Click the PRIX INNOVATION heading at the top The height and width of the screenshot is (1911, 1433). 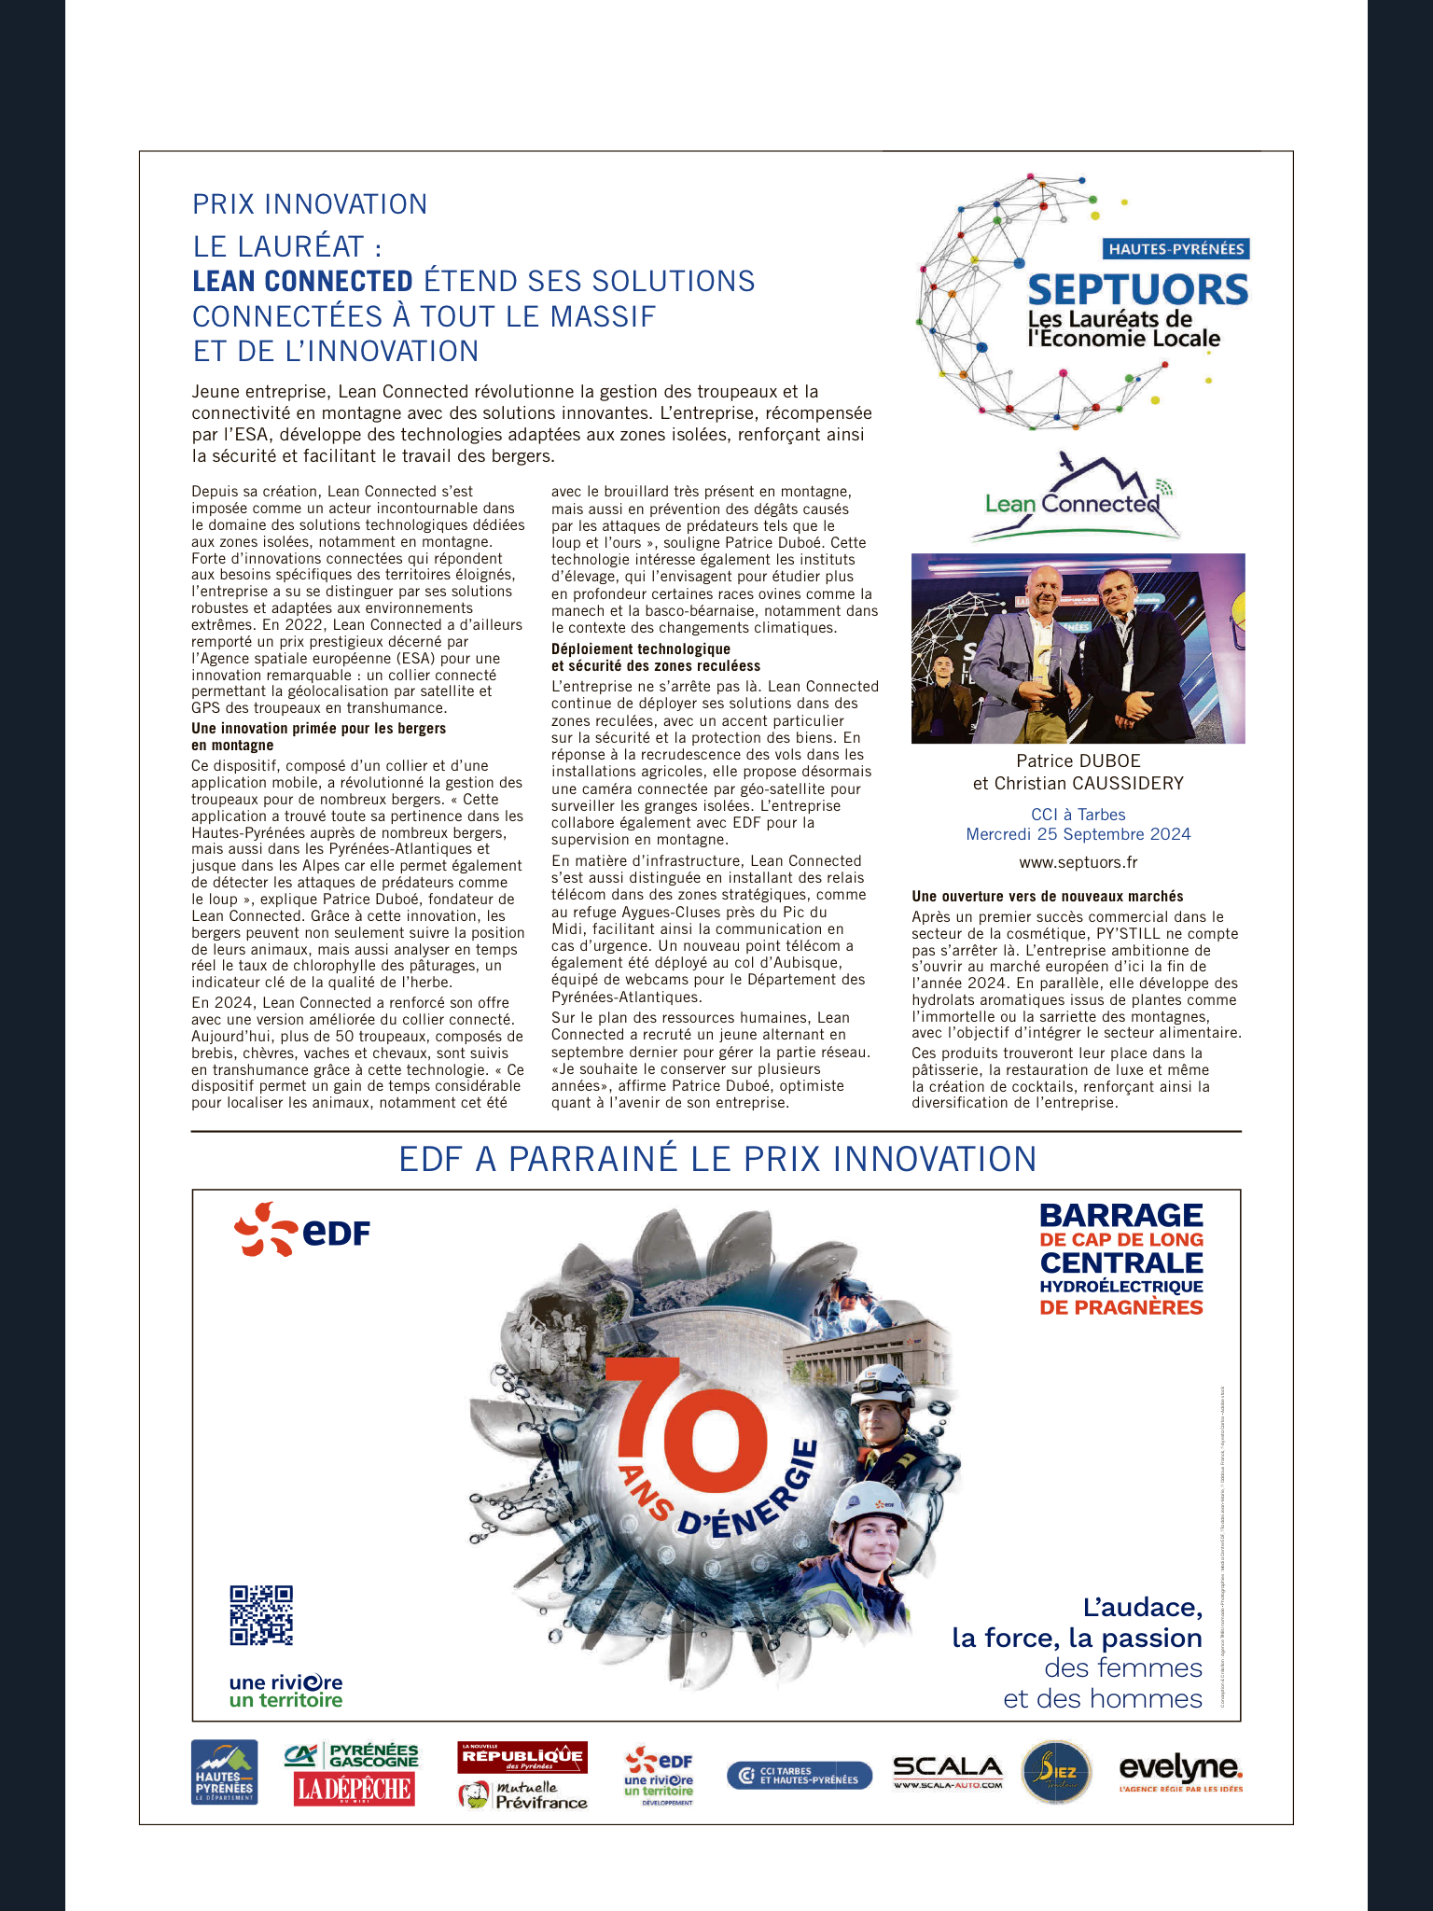310,204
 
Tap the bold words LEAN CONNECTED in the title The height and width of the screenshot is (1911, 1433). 302,281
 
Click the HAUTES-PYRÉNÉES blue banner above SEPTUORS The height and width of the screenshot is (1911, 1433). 1176,248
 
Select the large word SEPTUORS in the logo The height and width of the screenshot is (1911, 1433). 1137,290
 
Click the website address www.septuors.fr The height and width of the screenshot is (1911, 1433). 1078,862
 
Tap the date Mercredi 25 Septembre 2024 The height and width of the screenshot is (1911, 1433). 1078,834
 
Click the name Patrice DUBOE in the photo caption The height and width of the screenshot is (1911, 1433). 1078,760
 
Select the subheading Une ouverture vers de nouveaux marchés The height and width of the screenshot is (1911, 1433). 1047,896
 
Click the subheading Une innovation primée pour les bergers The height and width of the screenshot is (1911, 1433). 318,728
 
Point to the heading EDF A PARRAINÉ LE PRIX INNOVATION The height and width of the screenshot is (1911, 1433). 717,1159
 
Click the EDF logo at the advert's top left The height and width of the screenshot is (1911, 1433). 302,1229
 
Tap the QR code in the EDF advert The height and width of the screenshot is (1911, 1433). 261,1615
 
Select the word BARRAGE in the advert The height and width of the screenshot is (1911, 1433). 1120,1215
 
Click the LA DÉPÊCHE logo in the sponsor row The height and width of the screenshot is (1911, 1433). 354,1789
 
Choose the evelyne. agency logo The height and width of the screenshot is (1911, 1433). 1180,1769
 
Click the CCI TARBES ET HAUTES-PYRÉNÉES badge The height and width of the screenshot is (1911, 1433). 799,1775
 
